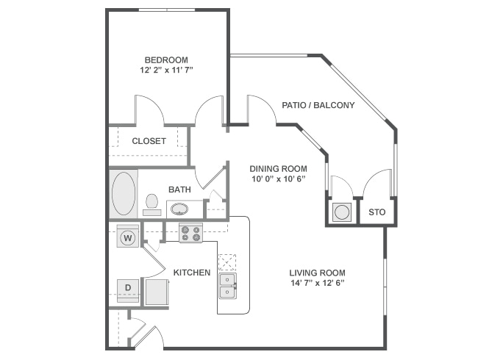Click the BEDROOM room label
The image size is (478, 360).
(165, 60)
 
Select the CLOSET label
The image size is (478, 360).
(149, 141)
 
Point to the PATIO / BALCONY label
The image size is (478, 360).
(318, 105)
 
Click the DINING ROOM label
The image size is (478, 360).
(277, 167)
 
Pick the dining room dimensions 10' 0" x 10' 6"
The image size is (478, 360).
(277, 179)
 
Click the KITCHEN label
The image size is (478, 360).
(192, 273)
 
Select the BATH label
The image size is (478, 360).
(179, 190)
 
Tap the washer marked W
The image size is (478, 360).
(128, 237)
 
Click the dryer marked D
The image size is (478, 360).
(128, 288)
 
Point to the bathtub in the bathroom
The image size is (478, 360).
(124, 193)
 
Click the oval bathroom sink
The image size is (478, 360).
(180, 209)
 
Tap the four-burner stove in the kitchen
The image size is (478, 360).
(191, 233)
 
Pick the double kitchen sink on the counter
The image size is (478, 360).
(229, 287)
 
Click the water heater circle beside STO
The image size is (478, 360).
(341, 213)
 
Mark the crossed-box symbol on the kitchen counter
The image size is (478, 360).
(227, 262)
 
